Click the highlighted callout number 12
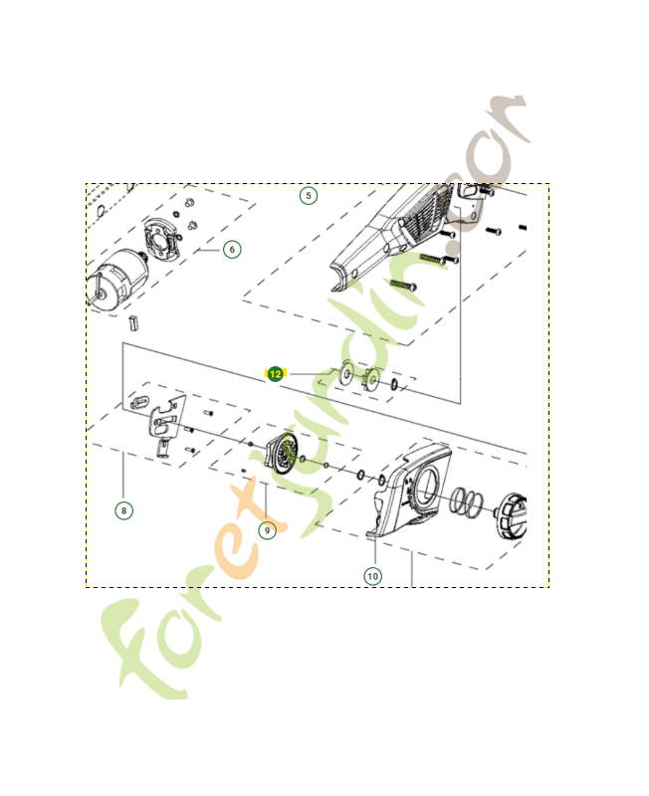click(x=275, y=373)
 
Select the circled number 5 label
click(x=309, y=195)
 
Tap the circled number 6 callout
click(x=232, y=249)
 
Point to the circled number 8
click(x=123, y=510)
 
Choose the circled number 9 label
click(x=267, y=530)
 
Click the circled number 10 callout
click(x=372, y=575)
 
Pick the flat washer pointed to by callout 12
click(x=347, y=374)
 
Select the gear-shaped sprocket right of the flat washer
click(x=371, y=378)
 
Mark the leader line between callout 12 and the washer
click(x=309, y=373)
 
